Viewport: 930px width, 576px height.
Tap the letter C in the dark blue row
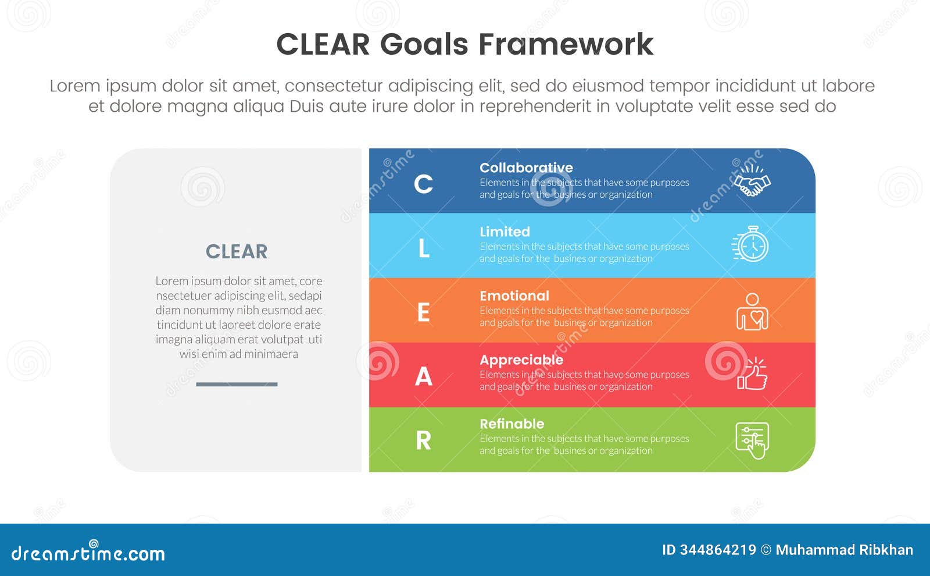[423, 184]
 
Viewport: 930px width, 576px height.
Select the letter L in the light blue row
[424, 248]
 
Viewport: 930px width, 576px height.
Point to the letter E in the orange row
[424, 312]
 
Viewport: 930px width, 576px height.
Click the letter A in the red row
[424, 376]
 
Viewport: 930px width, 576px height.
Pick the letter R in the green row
[424, 440]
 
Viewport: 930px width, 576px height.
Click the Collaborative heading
[526, 168]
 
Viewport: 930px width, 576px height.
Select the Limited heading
[505, 232]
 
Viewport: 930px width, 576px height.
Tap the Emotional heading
[514, 296]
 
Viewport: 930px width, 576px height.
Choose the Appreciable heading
[521, 360]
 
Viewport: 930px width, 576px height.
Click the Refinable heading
[512, 424]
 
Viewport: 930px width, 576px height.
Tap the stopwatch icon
[751, 244]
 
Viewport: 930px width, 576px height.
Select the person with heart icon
[752, 312]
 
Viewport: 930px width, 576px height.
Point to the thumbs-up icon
[752, 374]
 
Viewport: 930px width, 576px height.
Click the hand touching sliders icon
[752, 440]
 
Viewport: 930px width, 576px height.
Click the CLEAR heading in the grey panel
[237, 251]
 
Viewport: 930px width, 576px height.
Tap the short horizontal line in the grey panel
[237, 384]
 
